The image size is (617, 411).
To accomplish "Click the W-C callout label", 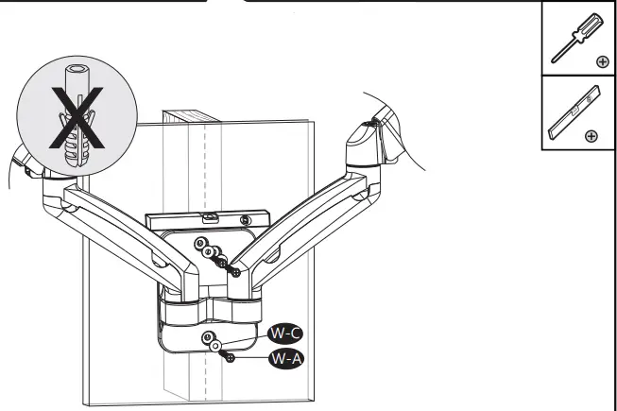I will pos(286,333).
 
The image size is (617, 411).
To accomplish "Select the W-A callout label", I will pos(286,358).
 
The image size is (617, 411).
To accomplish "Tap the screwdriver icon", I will pos(572,39).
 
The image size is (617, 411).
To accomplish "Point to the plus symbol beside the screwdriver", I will pos(602,61).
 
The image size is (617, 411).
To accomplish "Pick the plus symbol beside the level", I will pos(591,136).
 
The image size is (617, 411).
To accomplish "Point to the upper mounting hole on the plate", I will pos(200,244).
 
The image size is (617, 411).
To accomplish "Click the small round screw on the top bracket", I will pos(245,220).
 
